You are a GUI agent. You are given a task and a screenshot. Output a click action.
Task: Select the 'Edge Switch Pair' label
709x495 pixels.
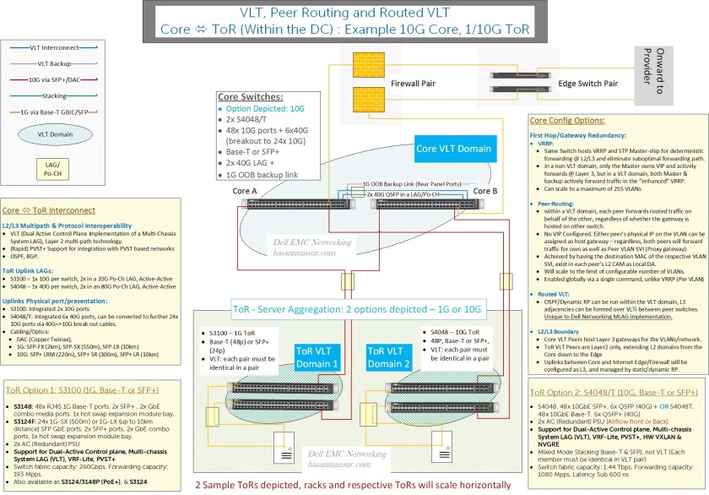tap(588, 84)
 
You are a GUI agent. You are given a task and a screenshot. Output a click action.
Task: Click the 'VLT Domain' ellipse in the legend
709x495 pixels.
tap(50, 133)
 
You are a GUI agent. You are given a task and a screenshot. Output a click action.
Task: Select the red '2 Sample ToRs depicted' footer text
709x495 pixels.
tap(353, 485)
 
